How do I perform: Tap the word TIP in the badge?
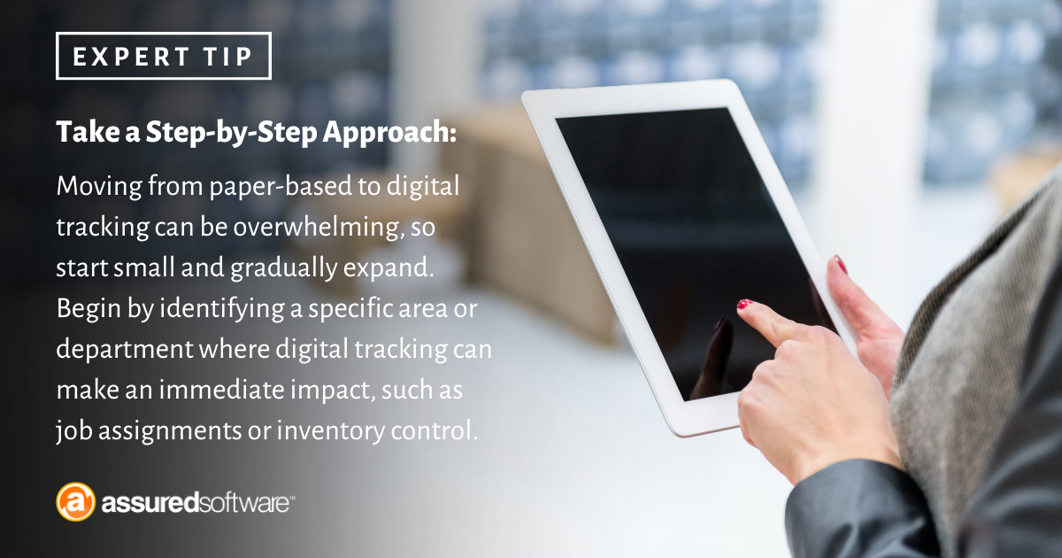[228, 57]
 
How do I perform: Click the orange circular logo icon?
[75, 502]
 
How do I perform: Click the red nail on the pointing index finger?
[745, 305]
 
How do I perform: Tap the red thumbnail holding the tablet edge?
[840, 264]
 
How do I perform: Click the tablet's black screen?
[673, 221]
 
